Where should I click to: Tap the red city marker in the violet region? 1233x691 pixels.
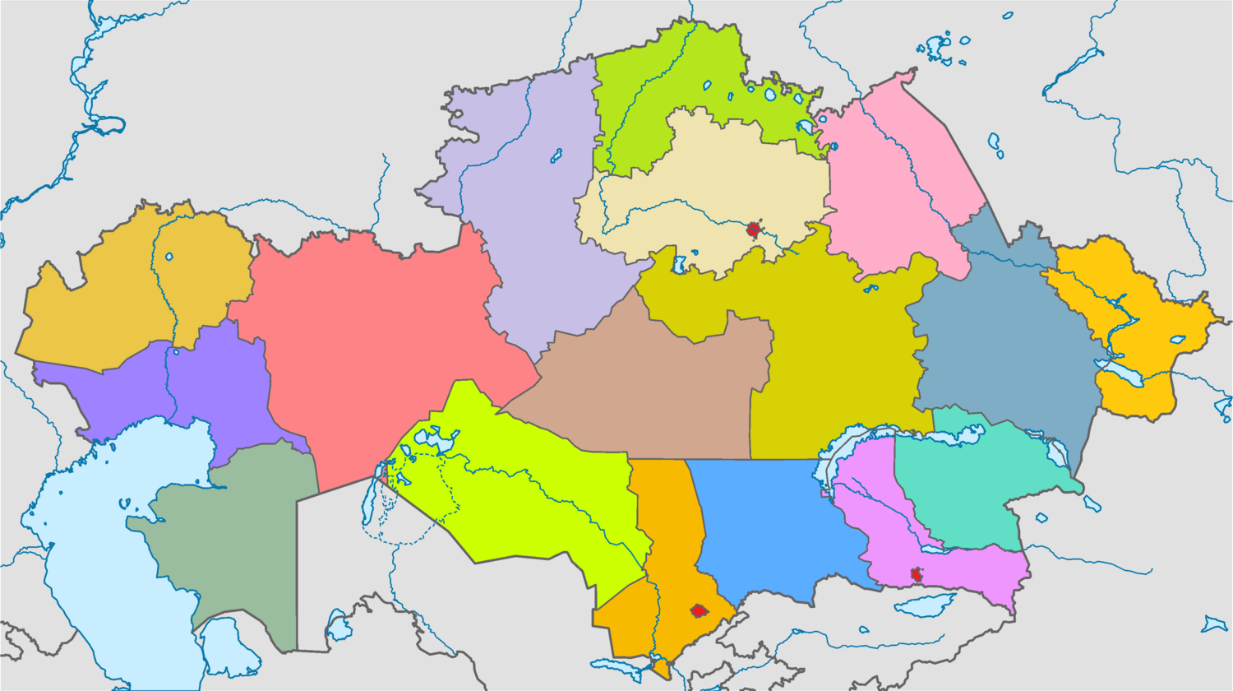click(917, 574)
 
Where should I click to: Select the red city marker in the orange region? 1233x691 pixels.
click(699, 610)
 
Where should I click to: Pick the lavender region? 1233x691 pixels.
click(534, 214)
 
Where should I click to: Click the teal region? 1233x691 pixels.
click(962, 485)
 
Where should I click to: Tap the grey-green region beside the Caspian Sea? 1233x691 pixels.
click(238, 535)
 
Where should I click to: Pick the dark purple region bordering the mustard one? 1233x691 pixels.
click(205, 387)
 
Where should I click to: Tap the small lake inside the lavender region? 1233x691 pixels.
click(556, 155)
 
